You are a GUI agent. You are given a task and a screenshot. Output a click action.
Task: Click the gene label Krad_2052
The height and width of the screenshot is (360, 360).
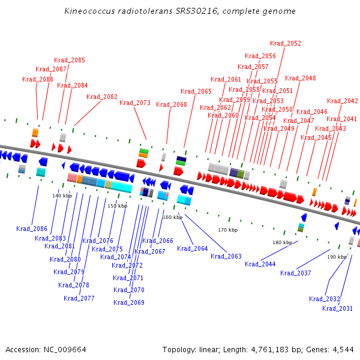[286, 43]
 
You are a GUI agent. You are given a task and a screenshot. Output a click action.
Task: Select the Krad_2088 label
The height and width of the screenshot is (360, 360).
[38, 79]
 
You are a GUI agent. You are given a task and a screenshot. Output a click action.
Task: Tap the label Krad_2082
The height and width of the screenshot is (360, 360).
[102, 97]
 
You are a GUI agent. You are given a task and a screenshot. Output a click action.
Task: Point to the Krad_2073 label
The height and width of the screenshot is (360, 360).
[135, 103]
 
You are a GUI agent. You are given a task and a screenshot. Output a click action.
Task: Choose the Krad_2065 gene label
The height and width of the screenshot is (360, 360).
[196, 91]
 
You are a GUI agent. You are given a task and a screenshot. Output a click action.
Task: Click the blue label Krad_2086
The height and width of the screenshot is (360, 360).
[32, 229]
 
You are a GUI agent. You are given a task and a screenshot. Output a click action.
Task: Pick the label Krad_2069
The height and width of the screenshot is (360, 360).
[129, 302]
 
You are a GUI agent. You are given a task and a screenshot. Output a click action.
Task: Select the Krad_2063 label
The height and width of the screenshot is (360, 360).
[226, 256]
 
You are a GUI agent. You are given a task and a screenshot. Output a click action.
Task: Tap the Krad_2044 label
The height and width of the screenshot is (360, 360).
[260, 264]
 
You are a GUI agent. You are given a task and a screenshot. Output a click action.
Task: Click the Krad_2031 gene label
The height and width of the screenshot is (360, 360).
[337, 308]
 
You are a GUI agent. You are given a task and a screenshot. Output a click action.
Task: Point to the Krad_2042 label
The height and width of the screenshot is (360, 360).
[343, 101]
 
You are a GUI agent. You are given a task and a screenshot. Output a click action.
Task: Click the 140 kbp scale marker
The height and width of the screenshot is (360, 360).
[62, 196]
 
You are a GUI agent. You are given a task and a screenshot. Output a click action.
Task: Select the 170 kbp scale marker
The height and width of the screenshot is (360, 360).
[228, 230]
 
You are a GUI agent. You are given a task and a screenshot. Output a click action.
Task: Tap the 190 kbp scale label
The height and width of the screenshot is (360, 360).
[337, 257]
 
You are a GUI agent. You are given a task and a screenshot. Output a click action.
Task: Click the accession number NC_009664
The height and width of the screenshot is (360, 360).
[65, 350]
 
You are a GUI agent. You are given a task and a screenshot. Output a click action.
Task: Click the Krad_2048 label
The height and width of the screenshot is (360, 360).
[301, 78]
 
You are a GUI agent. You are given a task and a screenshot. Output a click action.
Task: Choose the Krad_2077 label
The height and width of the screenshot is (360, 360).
[79, 298]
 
